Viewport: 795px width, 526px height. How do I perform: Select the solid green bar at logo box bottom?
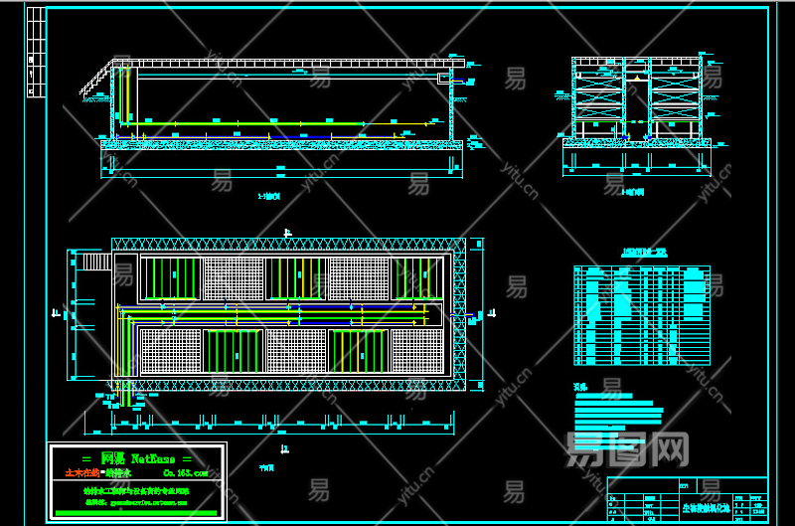pyautogui.click(x=137, y=511)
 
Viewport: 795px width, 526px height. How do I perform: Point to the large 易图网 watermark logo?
pyautogui.click(x=626, y=449)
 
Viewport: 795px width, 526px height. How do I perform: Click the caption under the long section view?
pyautogui.click(x=268, y=197)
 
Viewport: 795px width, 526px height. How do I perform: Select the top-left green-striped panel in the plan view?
pyautogui.click(x=170, y=278)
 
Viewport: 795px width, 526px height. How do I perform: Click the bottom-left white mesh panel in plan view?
pyautogui.click(x=170, y=351)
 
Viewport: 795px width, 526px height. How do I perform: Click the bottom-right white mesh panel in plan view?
pyautogui.click(x=416, y=351)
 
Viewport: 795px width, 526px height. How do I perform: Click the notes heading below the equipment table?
pyautogui.click(x=580, y=386)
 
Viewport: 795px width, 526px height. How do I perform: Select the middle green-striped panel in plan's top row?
pyautogui.click(x=295, y=278)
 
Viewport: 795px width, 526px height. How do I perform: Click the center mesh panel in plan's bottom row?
pyautogui.click(x=295, y=351)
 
